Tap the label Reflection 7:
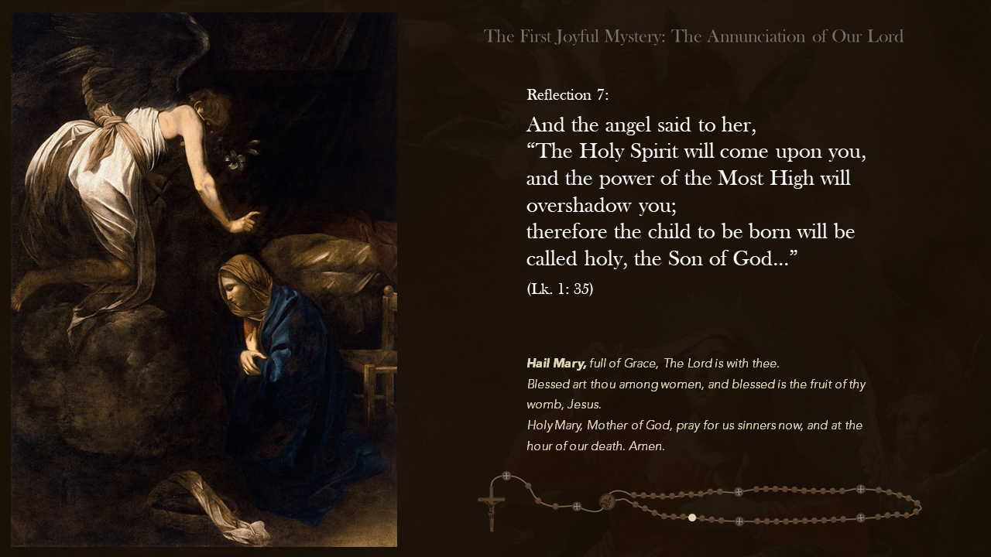568,95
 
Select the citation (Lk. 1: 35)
560,289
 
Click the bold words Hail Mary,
556,364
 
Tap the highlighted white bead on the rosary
691,518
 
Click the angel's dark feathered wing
132,54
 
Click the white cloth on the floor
209,507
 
